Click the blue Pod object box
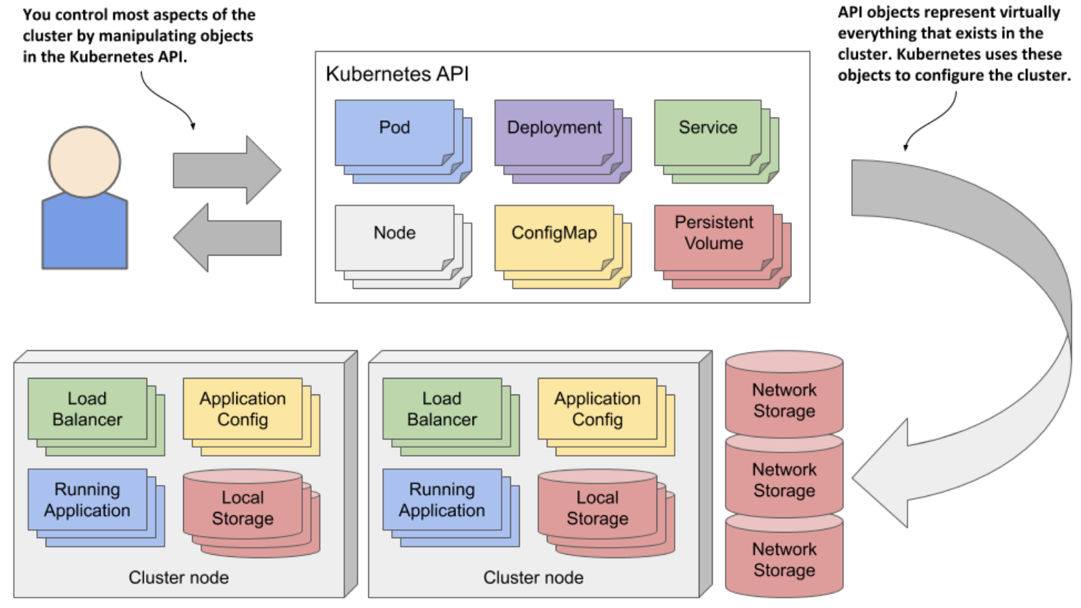[395, 132]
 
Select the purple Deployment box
[554, 132]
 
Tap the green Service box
[708, 132]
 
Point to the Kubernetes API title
[397, 75]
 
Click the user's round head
[85, 162]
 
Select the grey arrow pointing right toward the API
[227, 170]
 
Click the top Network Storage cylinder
[784, 397]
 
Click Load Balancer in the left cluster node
[88, 408]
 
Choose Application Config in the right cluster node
[597, 408]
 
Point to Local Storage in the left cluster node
[243, 508]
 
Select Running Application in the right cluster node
[442, 500]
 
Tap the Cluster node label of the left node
[178, 578]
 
